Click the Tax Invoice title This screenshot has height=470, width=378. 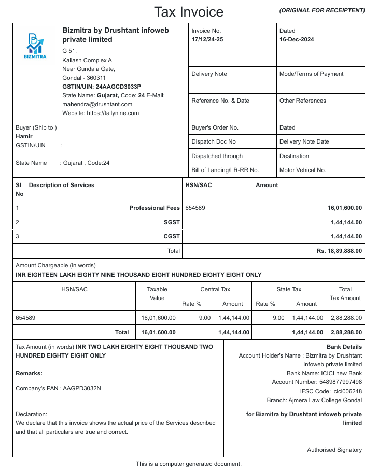pyautogui.click(x=189, y=12)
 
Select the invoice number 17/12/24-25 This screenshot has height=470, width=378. pyautogui.click(x=207, y=40)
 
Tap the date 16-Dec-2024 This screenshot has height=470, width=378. pyautogui.click(x=297, y=40)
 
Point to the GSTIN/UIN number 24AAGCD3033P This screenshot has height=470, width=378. pyautogui.click(x=118, y=87)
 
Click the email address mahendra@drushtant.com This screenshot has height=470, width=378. pyautogui.click(x=97, y=104)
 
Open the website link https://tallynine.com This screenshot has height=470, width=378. pyautogui.click(x=113, y=113)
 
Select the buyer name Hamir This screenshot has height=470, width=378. pyautogui.click(x=24, y=136)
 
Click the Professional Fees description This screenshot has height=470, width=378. pyautogui.click(x=155, y=208)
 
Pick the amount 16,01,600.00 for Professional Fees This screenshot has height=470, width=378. pyautogui.click(x=344, y=208)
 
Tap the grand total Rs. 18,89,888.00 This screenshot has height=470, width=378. pyautogui.click(x=339, y=251)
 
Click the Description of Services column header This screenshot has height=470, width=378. pyautogui.click(x=62, y=185)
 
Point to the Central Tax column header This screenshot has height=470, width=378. pyautogui.click(x=215, y=289)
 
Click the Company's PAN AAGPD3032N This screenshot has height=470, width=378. pyautogui.click(x=82, y=388)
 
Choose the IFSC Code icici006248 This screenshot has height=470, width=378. pyautogui.click(x=344, y=391)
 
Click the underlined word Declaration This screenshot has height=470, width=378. pyautogui.click(x=31, y=414)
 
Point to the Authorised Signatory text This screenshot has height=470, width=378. pyautogui.click(x=334, y=450)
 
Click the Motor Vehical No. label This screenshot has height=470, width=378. pyautogui.click(x=302, y=170)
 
